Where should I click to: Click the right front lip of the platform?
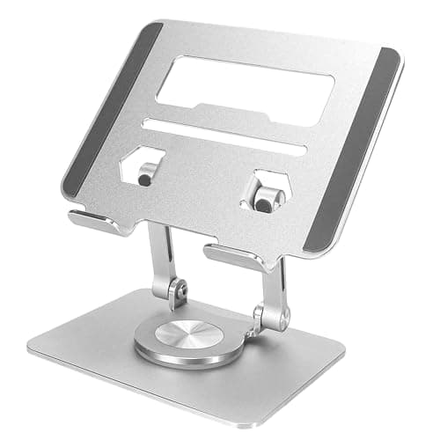click(x=232, y=257)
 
